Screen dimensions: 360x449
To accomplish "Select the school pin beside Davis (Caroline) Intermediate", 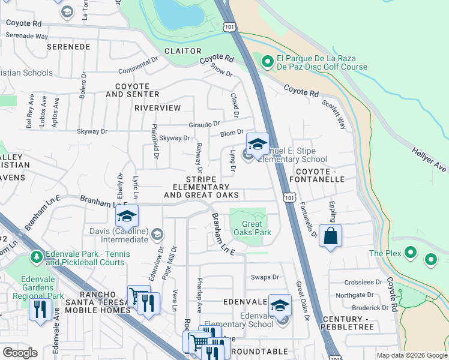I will (x=127, y=217).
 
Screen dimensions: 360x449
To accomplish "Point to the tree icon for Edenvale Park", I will (x=37, y=257).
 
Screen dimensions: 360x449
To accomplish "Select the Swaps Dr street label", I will (x=265, y=277).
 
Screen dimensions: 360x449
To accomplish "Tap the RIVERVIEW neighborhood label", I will (x=157, y=108).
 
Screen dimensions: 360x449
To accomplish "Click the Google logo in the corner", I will (x=20, y=353).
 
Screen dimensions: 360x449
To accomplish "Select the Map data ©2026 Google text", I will (x=412, y=355).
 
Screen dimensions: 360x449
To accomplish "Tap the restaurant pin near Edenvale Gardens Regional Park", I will (x=40, y=310).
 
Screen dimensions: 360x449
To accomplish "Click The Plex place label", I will (x=385, y=253).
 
